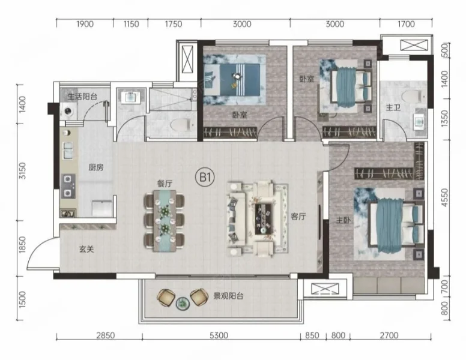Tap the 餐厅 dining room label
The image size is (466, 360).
pyautogui.click(x=165, y=184)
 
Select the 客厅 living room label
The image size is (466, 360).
pyautogui.click(x=298, y=217)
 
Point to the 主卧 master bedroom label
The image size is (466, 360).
pyautogui.click(x=343, y=220)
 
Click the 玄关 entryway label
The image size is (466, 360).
pyautogui.click(x=86, y=249)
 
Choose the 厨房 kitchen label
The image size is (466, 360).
pyautogui.click(x=96, y=167)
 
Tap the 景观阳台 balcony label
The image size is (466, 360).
pyautogui.click(x=228, y=296)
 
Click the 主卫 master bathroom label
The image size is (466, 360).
pyautogui.click(x=393, y=107)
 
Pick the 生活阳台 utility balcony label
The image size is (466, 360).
pyautogui.click(x=82, y=96)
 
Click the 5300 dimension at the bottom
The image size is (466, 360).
pyautogui.click(x=219, y=335)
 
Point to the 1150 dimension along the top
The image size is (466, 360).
pyautogui.click(x=130, y=24)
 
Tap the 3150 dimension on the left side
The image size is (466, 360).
pyautogui.click(x=23, y=170)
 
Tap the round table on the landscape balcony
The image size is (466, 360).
pyautogui.click(x=182, y=304)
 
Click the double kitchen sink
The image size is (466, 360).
pyautogui.click(x=68, y=150)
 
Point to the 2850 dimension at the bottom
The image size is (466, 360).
pyautogui.click(x=106, y=335)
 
